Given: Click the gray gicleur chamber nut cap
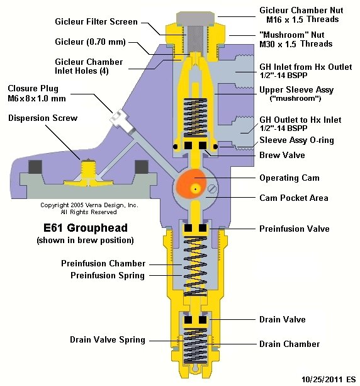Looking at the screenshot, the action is pos(195,18).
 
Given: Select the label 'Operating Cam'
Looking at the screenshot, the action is pos(290,178).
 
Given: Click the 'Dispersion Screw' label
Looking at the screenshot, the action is pos(43,118).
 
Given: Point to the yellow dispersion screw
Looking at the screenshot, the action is pos(88,173).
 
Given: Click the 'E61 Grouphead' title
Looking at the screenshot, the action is pos(86,228).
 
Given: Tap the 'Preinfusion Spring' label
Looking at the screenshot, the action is pos(108,275).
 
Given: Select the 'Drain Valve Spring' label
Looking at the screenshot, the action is pos(108,340).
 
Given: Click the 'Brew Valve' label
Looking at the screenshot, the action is pos(282,155).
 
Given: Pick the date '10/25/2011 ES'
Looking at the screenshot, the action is pos(329,379).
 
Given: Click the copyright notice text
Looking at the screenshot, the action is pos(89,208).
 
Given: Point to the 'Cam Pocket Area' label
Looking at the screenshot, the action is pos(294,198).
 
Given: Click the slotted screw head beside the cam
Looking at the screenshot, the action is pos(212,189).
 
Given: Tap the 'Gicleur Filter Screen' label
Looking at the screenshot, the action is pos(96,21).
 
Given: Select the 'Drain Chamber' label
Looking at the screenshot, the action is pos(290,344).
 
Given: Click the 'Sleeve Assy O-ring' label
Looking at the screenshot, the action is pos(296,140).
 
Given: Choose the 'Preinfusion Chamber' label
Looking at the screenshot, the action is pos(103,263).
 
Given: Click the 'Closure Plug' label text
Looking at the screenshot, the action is pos(33,88).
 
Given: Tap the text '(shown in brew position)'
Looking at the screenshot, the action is pos(85,240).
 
